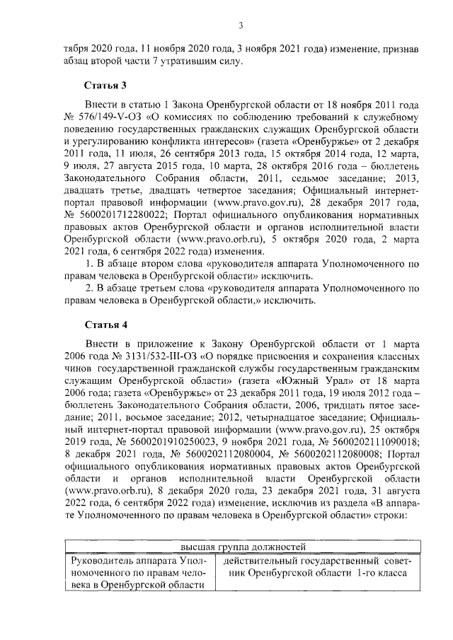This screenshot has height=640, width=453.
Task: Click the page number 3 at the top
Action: (x=241, y=26)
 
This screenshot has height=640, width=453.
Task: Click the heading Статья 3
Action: (x=106, y=86)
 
